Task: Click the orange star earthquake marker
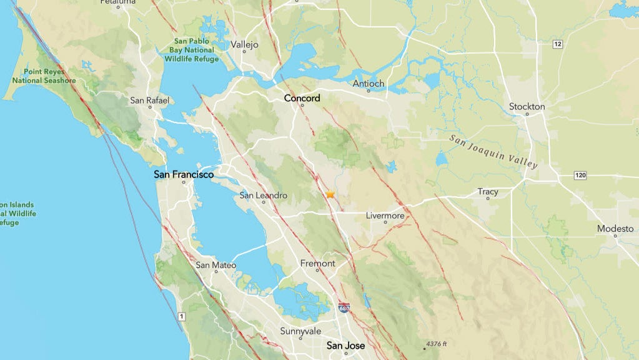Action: (x=330, y=195)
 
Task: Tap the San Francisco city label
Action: (x=184, y=175)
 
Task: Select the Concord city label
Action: (x=302, y=98)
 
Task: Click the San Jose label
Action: (x=345, y=345)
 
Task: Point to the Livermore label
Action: (x=385, y=216)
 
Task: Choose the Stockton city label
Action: (x=527, y=107)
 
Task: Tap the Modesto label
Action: (x=615, y=229)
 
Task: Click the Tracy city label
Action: (x=488, y=192)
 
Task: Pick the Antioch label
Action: (x=369, y=84)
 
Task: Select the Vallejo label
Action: (x=244, y=45)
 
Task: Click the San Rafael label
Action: (x=149, y=100)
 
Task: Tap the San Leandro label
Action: (x=264, y=196)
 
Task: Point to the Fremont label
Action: (x=317, y=263)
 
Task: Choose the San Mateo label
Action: (x=216, y=265)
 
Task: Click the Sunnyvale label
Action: (x=300, y=331)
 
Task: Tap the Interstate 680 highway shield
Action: (x=344, y=308)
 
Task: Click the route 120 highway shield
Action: (x=580, y=176)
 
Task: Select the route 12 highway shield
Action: (x=557, y=44)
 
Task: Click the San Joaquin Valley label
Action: (x=493, y=151)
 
